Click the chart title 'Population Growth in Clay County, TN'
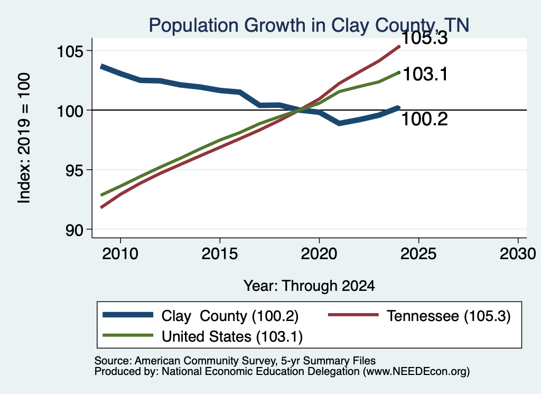309,25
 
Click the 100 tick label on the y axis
70,111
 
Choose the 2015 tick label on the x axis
220,254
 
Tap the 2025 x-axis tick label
418,254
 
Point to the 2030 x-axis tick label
518,254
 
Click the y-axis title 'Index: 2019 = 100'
24,138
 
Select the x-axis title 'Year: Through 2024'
309,286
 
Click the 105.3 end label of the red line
425,38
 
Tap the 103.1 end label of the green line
425,74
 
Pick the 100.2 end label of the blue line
425,120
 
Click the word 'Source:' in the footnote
113,361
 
